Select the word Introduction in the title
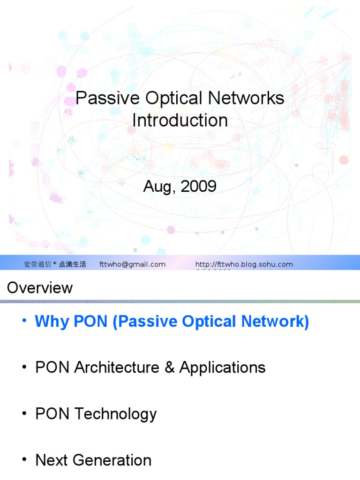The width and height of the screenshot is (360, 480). pyautogui.click(x=180, y=120)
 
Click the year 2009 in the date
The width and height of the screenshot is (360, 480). pyautogui.click(x=198, y=187)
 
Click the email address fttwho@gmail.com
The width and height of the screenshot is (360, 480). pyautogui.click(x=133, y=264)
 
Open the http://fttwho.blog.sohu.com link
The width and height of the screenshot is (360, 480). pyautogui.click(x=244, y=264)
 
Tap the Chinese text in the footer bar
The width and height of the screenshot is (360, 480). pyautogui.click(x=55, y=264)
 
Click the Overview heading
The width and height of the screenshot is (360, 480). pyautogui.click(x=40, y=287)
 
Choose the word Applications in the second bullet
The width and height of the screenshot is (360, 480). pyautogui.click(x=222, y=367)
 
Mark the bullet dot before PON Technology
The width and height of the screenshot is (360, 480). pyautogui.click(x=24, y=413)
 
